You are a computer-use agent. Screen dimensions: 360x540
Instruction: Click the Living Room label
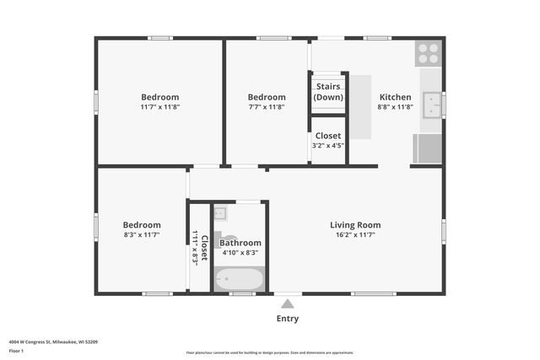[354, 225]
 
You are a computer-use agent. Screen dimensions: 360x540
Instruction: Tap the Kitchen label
[395, 97]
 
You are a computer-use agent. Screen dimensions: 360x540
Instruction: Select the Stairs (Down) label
[328, 92]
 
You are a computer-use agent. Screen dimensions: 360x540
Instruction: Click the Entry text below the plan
[287, 319]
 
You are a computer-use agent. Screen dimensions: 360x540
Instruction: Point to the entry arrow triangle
[287, 304]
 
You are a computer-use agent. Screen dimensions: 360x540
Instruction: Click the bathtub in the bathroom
[239, 279]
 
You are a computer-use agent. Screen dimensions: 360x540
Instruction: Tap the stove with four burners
[429, 53]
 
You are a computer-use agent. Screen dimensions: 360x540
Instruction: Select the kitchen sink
[431, 105]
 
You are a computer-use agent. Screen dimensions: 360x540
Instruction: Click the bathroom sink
[220, 213]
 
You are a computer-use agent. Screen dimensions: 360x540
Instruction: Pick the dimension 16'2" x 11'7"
[354, 236]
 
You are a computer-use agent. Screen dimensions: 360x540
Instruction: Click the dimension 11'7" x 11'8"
[159, 107]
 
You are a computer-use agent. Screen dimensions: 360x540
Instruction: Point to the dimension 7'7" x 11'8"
[266, 107]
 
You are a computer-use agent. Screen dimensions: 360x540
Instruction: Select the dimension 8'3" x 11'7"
[142, 236]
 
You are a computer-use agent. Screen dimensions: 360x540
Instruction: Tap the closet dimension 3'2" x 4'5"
[328, 145]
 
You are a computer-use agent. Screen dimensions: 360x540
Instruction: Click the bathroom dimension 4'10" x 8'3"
[240, 253]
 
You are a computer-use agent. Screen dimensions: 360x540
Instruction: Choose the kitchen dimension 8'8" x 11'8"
[395, 107]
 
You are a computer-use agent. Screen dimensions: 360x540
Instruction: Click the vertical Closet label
[204, 248]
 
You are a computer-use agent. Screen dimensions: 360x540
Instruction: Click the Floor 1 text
[16, 351]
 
